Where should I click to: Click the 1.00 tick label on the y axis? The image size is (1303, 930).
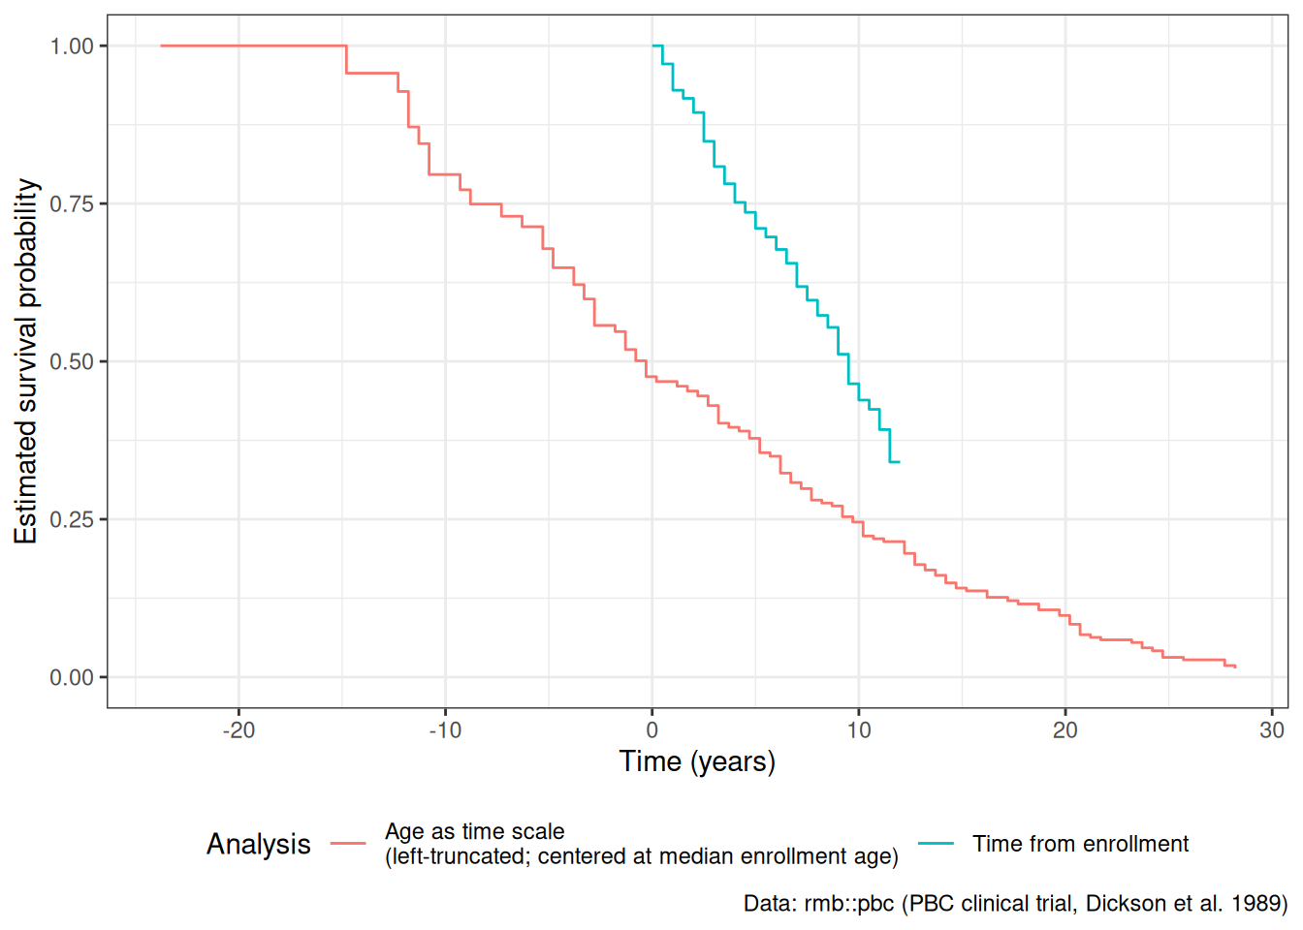[x=72, y=46]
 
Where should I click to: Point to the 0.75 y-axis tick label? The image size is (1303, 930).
[x=72, y=204]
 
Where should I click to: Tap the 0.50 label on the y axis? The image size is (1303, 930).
[x=72, y=361]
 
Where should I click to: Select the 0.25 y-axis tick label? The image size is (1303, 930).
[x=72, y=519]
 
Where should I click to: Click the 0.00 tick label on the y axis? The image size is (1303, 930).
[x=72, y=678]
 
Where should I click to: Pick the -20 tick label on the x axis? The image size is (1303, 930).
[x=239, y=730]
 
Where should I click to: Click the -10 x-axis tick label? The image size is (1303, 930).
[x=446, y=730]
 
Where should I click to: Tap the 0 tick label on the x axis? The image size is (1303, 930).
[x=652, y=730]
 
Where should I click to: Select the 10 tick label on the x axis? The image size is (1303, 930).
[x=859, y=730]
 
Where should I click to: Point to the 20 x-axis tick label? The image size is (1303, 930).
[x=1065, y=730]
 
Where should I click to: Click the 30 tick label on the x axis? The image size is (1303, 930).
[x=1272, y=730]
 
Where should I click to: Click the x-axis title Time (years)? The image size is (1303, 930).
[x=697, y=762]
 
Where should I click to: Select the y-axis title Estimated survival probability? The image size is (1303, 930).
[x=26, y=361]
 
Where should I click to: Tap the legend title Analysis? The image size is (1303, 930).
[x=259, y=845]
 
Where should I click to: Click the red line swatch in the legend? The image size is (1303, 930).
[x=348, y=844]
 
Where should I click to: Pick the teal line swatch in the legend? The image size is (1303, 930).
[x=936, y=844]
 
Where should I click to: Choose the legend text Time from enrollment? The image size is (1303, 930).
[x=1081, y=844]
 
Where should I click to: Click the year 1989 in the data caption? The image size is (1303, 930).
[x=1255, y=903]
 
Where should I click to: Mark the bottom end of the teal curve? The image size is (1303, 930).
[x=900, y=462]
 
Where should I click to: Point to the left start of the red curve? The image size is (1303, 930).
[x=161, y=46]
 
